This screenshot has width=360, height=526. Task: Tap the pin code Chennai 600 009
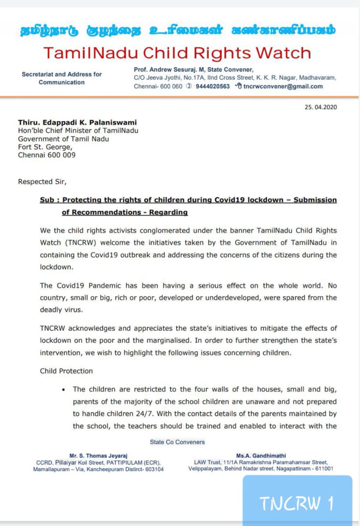tap(47, 155)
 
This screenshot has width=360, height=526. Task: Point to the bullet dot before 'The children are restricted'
tap(64, 389)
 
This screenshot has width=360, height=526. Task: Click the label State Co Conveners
tap(177, 442)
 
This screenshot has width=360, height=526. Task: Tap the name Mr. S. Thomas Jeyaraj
tap(94, 455)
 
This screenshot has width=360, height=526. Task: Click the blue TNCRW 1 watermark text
tap(297, 504)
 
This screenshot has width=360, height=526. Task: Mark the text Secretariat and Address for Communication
tap(61, 78)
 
